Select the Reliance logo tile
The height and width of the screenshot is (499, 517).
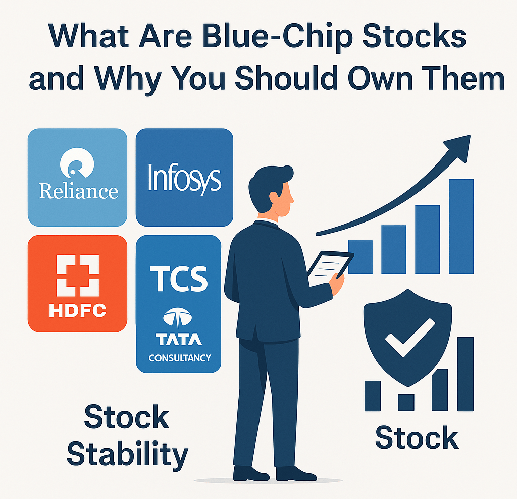(x=77, y=177)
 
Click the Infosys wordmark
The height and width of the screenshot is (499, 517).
(x=184, y=178)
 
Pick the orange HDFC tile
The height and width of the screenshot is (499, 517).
(x=77, y=284)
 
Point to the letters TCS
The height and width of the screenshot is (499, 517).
(x=179, y=279)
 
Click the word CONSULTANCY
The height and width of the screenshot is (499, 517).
(x=180, y=358)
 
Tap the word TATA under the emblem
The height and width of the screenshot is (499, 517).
(x=179, y=339)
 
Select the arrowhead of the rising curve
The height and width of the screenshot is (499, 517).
(x=459, y=147)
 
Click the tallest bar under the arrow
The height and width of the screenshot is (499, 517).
(x=461, y=227)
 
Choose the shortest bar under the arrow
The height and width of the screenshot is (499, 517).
(x=360, y=257)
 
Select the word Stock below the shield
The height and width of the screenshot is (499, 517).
(x=417, y=437)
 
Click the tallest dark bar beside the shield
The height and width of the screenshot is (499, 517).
(x=465, y=374)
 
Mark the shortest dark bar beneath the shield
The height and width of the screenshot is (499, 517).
(x=406, y=403)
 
